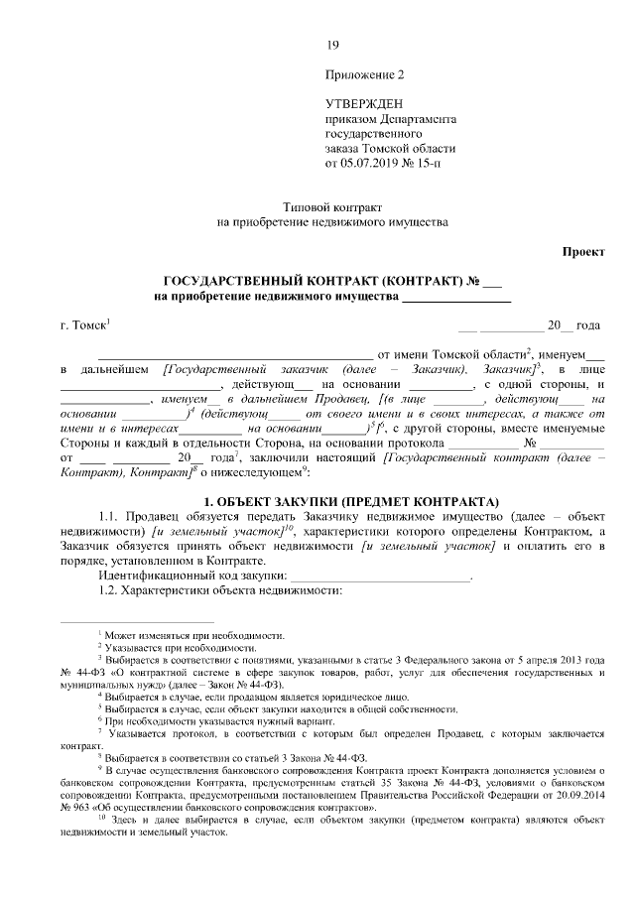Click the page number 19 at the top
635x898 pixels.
pyautogui.click(x=332, y=44)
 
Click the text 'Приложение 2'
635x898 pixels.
pyautogui.click(x=365, y=74)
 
